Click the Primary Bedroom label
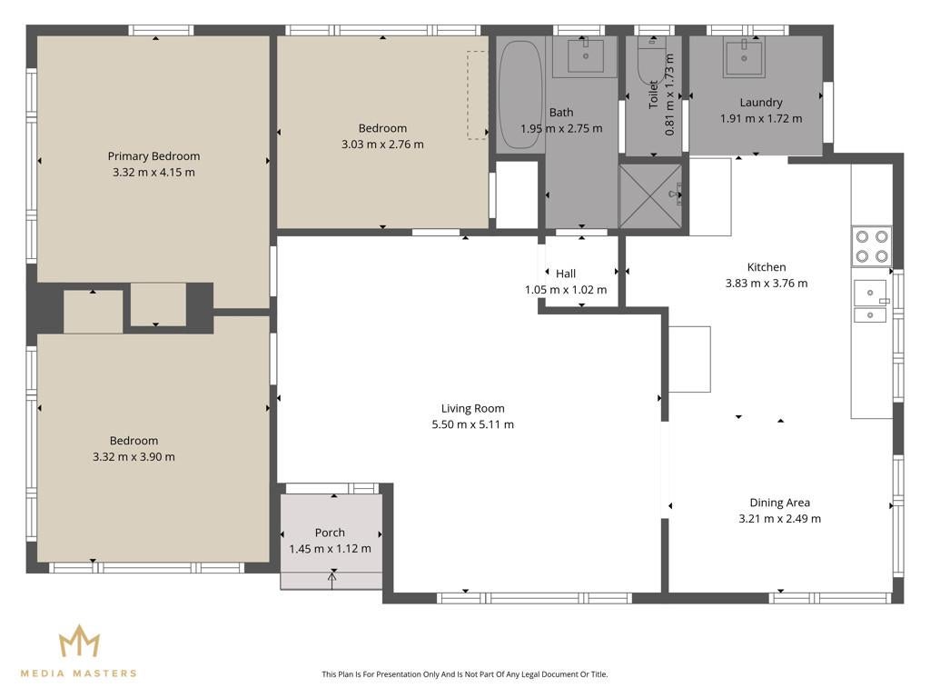(153, 156)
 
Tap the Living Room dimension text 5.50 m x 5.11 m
(472, 424)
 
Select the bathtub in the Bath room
(520, 95)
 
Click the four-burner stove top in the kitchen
(871, 246)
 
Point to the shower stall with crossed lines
(650, 196)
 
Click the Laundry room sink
(743, 56)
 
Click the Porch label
(330, 533)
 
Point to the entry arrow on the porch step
(332, 579)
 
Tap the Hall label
(566, 274)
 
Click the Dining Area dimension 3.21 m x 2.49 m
(780, 518)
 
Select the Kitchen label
(767, 267)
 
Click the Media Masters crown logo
(79, 641)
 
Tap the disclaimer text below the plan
(464, 673)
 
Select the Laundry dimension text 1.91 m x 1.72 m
(761, 119)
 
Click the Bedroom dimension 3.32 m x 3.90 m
(134, 456)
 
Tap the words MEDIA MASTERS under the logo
(79, 673)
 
